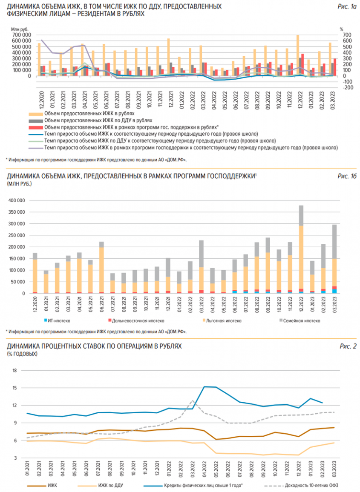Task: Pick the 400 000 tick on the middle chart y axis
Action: pos(17,200)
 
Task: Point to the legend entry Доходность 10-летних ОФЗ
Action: pos(315,485)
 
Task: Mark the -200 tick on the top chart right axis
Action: pos(348,88)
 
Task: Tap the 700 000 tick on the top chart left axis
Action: pos(21,35)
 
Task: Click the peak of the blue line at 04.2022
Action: pos(204,386)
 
